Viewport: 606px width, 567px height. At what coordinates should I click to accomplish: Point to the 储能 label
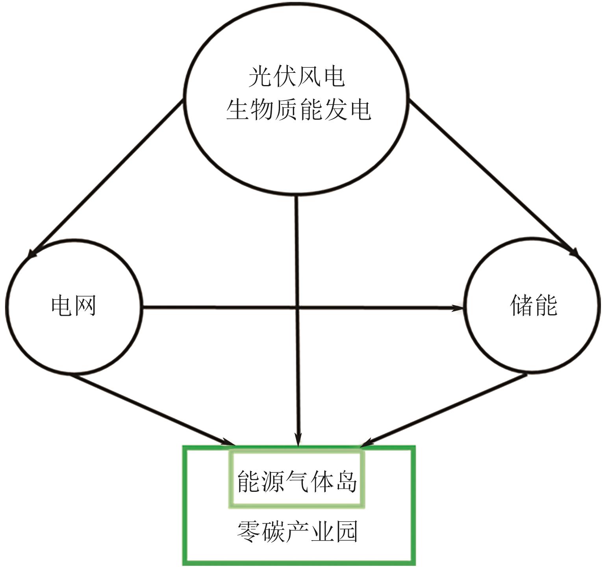point(534,305)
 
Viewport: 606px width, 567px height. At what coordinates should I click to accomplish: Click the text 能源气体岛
point(297,481)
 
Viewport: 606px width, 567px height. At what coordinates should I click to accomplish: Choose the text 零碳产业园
point(297,532)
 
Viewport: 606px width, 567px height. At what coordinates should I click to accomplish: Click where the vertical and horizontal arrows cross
point(298,307)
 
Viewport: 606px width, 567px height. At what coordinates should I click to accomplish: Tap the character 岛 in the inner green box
point(347,481)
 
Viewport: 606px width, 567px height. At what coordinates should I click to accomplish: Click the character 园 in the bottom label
point(347,532)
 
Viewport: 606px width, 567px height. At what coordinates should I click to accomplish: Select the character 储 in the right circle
point(522,305)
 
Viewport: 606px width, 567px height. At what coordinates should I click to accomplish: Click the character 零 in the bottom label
point(248,532)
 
